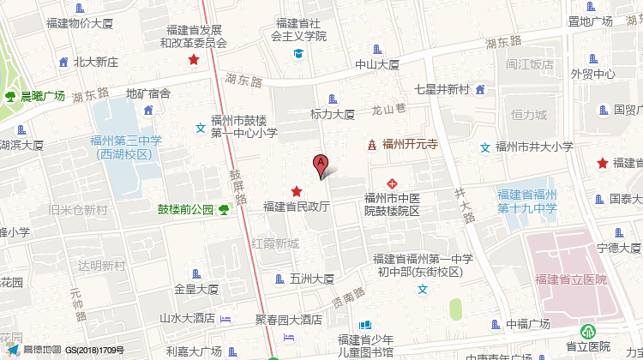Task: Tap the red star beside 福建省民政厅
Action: pos(297,191)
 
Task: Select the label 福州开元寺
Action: pos(410,145)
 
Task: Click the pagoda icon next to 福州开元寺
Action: pos(371,145)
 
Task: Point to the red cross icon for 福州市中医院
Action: pos(392,183)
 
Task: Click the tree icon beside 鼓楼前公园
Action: pos(224,208)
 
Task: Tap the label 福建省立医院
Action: pos(570,279)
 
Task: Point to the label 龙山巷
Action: pos(388,110)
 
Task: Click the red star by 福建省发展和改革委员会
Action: pos(195,60)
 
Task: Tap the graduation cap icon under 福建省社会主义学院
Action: pos(298,54)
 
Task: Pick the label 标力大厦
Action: pos(333,114)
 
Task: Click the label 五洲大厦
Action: pos(311,278)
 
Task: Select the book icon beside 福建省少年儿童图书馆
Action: pos(366,326)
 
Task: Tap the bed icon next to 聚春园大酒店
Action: pos(225,320)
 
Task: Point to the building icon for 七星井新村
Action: pos(480,89)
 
